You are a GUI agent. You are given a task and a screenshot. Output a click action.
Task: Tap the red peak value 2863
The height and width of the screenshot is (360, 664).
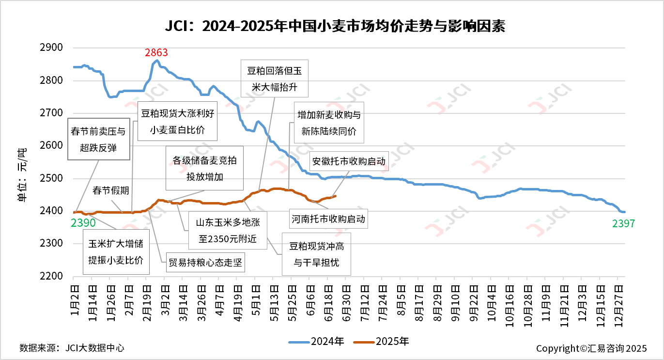(x=156, y=52)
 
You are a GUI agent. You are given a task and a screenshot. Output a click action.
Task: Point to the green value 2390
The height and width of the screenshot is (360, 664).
(x=83, y=223)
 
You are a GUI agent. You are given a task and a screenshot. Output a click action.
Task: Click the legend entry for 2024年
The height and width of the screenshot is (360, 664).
(x=317, y=342)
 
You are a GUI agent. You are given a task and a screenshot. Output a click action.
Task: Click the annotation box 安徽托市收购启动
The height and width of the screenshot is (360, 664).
(x=349, y=161)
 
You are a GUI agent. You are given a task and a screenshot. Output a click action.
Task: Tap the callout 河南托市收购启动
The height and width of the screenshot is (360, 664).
(x=328, y=219)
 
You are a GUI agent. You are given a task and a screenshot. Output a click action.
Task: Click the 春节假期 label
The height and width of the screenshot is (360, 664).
(x=111, y=190)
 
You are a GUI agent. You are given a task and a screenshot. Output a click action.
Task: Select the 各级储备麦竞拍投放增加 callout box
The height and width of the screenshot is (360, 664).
(x=205, y=169)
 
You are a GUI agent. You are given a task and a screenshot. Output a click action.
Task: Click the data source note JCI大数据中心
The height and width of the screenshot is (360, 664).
(x=72, y=348)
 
